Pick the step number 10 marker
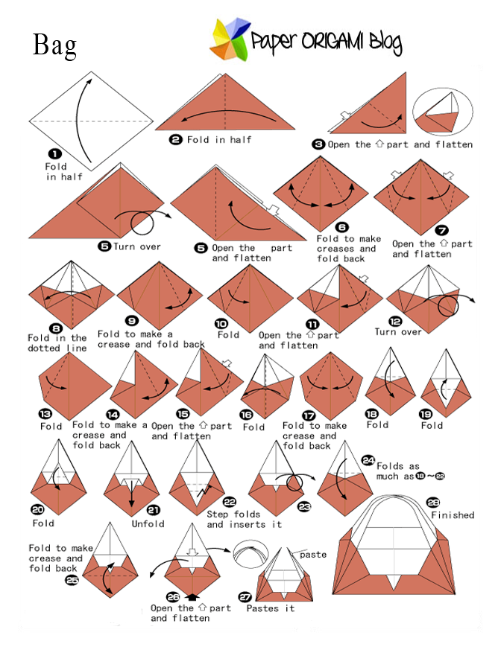click(x=222, y=322)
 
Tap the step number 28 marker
click(x=433, y=502)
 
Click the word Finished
click(x=452, y=514)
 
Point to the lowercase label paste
click(x=313, y=555)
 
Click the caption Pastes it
click(x=271, y=608)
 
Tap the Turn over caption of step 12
click(x=398, y=332)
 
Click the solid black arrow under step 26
click(x=195, y=595)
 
